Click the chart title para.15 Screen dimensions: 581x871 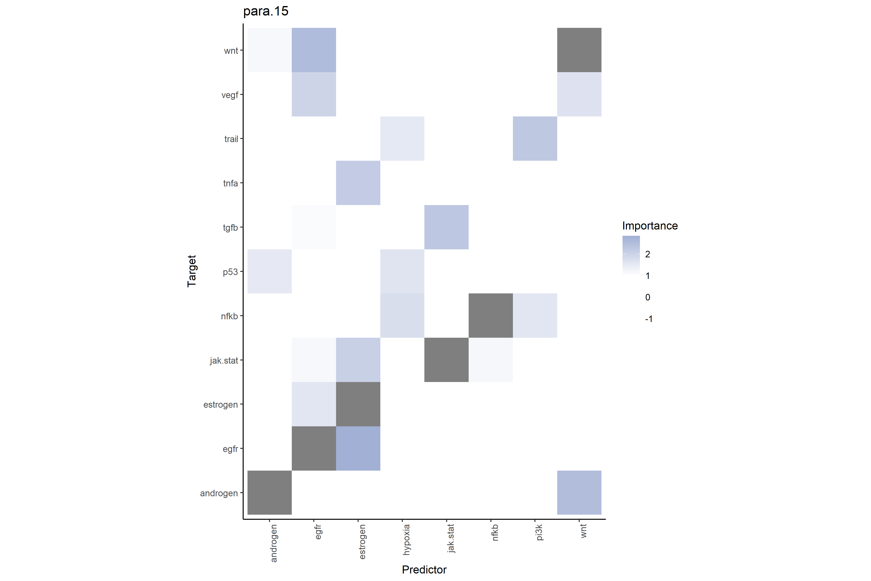[265, 11]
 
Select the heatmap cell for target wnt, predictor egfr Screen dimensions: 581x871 [314, 50]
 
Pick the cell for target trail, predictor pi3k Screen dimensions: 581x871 [535, 138]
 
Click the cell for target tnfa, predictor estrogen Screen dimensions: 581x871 [358, 183]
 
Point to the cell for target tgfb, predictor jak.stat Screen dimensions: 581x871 [446, 227]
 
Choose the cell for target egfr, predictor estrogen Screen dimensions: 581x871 [358, 448]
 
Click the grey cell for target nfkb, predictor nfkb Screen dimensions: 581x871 [490, 316]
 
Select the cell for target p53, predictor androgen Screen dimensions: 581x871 [269, 271]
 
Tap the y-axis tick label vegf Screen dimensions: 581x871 [230, 95]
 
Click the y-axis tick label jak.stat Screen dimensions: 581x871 [224, 360]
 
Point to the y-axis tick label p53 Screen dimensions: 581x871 [230, 272]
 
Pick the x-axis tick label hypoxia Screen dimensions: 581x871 [406, 540]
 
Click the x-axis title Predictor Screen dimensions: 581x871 [424, 570]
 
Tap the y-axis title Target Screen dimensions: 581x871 [191, 271]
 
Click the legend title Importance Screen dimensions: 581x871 [650, 226]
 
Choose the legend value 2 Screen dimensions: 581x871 [647, 254]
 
